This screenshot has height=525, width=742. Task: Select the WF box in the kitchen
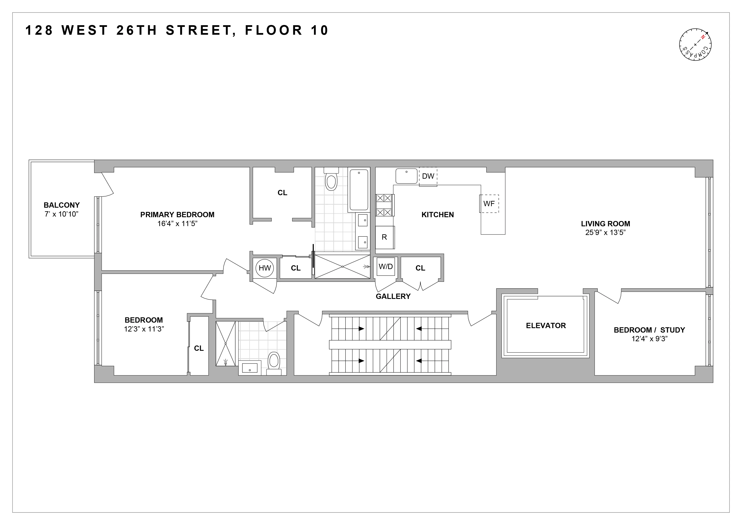(x=489, y=204)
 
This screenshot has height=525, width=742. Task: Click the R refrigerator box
(x=384, y=237)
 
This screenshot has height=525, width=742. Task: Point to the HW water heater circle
(x=265, y=268)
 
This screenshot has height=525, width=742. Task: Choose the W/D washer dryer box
(x=385, y=267)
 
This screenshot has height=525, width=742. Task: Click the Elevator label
(x=546, y=326)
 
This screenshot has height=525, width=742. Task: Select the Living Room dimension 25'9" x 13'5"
(x=605, y=232)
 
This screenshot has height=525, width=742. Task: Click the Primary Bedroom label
(x=177, y=215)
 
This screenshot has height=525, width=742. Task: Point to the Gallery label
(x=393, y=296)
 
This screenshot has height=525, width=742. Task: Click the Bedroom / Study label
(x=649, y=330)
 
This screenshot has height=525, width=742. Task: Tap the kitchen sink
(x=406, y=176)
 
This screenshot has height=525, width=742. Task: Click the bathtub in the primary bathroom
(x=359, y=190)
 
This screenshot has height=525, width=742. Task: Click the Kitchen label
(x=438, y=215)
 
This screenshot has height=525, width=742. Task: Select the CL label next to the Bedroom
(x=199, y=348)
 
